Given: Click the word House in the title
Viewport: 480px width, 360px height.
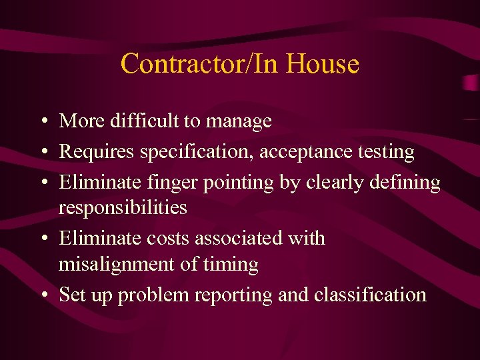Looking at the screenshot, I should [323, 65].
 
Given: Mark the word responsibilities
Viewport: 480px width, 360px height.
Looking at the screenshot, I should [123, 208].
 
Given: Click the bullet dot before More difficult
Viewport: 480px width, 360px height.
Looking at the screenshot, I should [42, 122].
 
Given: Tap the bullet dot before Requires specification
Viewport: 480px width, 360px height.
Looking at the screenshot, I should [42, 153].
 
